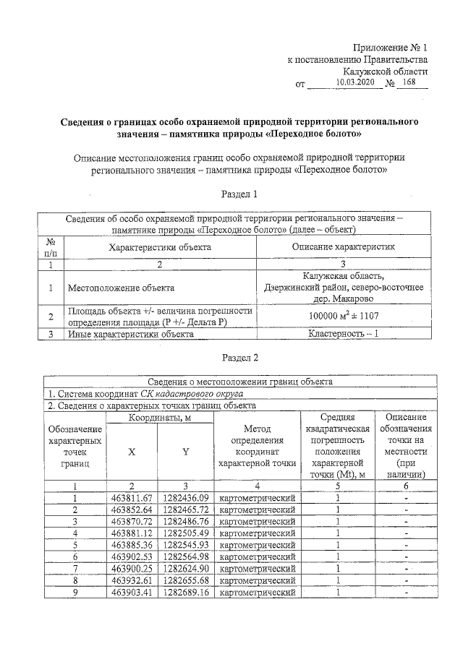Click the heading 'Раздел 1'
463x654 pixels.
[x=239, y=194]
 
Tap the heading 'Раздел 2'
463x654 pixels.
[x=239, y=357]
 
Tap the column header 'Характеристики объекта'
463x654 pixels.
[x=160, y=247]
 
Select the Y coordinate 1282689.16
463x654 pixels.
[x=186, y=593]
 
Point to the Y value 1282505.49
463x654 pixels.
[x=186, y=533]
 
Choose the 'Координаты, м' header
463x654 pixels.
[x=159, y=418]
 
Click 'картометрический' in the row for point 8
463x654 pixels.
[x=257, y=581]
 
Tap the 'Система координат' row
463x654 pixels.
[x=145, y=394]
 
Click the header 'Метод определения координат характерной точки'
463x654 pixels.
[x=257, y=446]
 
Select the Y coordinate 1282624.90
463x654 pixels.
[x=186, y=569]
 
